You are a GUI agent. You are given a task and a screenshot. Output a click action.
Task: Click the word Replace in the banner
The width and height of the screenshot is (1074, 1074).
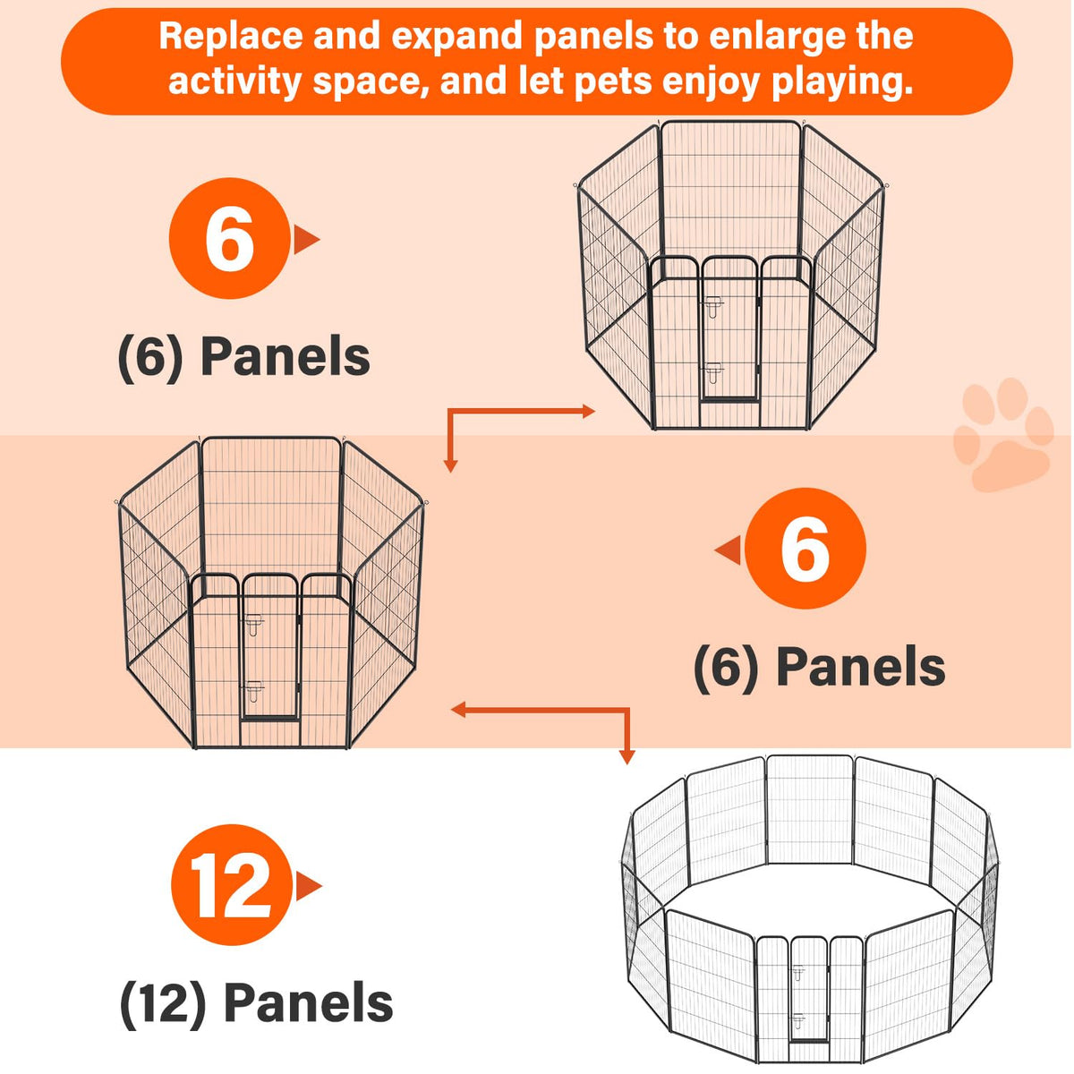tap(230, 36)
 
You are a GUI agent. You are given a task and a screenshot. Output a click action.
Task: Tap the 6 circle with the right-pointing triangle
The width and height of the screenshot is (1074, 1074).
tap(230, 238)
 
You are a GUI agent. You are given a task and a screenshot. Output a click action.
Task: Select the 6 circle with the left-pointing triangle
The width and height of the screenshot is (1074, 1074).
tap(805, 549)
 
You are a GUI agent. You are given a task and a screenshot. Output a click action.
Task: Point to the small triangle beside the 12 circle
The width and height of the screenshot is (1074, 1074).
tap(309, 886)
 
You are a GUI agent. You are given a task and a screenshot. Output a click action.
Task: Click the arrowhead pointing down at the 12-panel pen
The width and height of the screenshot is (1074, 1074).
tap(627, 756)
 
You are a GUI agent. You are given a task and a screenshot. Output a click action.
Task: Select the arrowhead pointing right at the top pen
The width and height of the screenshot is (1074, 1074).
tap(589, 412)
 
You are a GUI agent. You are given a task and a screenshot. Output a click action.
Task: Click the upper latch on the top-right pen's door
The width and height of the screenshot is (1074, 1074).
tap(712, 306)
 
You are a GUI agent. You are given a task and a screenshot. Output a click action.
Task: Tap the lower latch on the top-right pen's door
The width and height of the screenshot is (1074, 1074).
tap(712, 372)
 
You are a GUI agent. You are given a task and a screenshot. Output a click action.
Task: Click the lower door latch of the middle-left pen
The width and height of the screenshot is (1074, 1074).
tap(253, 692)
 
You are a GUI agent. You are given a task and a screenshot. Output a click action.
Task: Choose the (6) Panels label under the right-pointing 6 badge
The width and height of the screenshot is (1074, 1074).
tap(244, 357)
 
